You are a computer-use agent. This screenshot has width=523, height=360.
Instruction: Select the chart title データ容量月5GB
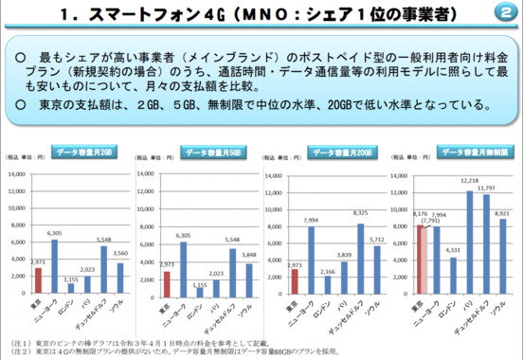pos(207,153)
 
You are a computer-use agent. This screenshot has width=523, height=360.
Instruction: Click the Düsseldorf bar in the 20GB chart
pos(360,257)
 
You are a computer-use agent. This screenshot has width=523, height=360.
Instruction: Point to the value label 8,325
pos(361,213)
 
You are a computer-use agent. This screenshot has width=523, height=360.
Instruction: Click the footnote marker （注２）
pos(17,350)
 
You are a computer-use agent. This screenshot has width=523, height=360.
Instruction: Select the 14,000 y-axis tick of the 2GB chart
pos(17,174)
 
